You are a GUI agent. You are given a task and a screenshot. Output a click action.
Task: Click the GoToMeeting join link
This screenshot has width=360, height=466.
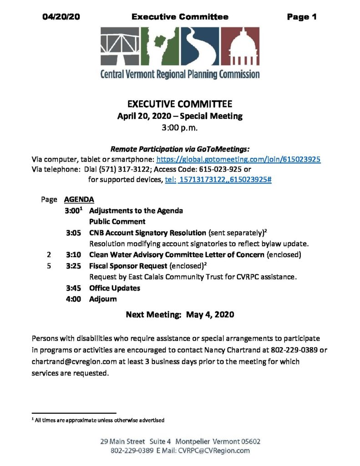[x=238, y=160]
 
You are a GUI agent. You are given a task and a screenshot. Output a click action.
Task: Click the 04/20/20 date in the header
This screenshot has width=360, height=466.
[x=61, y=17]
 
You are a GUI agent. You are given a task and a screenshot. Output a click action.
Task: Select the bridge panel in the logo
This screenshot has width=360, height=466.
[x=119, y=47]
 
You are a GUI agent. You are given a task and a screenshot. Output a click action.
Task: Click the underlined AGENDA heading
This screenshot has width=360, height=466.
[x=79, y=200]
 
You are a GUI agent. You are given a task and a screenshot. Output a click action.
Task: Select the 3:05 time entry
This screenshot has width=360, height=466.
[x=73, y=233]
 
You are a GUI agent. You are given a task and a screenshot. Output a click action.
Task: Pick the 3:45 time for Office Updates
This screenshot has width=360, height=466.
[x=73, y=288]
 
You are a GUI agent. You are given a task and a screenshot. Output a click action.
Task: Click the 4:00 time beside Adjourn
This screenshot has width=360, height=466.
[x=73, y=299]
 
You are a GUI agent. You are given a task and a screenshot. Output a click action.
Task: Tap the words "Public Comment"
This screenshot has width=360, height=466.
[x=117, y=222]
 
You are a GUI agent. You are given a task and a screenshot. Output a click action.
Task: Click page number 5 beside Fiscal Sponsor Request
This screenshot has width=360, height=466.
[x=49, y=266]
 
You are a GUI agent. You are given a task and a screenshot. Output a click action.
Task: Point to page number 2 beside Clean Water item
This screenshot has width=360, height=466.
[x=49, y=255]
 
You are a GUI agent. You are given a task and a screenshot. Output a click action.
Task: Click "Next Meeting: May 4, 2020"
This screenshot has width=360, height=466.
[x=180, y=314]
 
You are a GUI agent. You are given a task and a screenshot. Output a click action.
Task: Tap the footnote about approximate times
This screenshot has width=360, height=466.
[x=99, y=420]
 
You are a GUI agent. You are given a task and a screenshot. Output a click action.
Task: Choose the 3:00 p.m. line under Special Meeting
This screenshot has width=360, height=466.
[x=180, y=128]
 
